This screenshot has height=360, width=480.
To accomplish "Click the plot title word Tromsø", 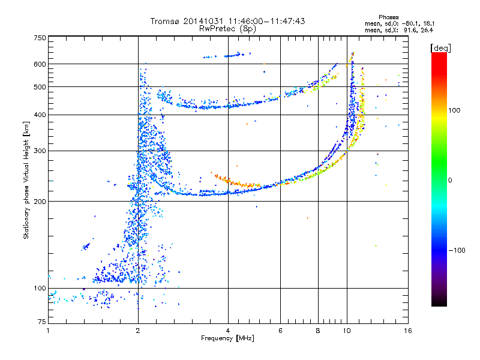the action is (165, 21).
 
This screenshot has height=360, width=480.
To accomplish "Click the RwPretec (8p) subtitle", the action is (227, 29).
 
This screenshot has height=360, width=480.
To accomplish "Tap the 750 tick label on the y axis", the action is (40, 38).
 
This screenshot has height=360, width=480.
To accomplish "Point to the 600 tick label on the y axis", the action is (40, 64).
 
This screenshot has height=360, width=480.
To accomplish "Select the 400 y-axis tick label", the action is (40, 115).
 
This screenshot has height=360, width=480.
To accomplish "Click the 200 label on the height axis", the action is (40, 202).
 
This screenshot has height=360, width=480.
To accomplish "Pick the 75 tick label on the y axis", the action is (42, 322).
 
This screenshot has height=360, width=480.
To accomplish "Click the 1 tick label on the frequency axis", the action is (48, 331).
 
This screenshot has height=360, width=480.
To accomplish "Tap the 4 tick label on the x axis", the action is (228, 331).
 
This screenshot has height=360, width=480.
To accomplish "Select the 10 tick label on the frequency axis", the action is (347, 331).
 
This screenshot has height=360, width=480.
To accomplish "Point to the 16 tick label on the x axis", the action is (408, 331).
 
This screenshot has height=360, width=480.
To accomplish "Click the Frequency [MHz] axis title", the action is (227, 338).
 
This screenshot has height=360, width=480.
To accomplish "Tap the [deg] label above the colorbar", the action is (440, 48).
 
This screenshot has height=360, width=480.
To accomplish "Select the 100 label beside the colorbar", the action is (454, 110).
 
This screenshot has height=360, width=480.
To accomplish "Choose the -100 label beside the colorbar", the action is (457, 250).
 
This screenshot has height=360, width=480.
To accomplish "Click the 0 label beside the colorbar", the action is (450, 181).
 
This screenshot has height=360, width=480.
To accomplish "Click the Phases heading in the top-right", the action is (388, 17).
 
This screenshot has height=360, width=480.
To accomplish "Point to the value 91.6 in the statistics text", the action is (409, 31).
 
